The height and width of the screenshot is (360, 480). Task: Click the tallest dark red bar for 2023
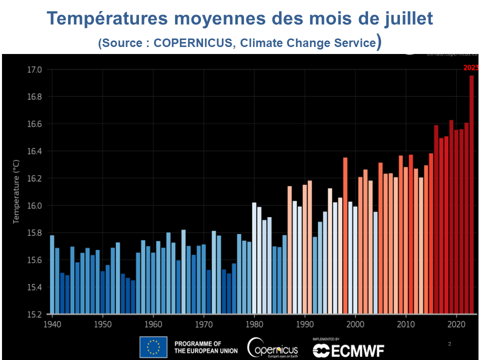471,195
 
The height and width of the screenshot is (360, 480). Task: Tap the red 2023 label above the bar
470,68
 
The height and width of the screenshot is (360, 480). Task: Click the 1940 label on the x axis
52,324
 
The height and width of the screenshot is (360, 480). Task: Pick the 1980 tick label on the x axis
254,324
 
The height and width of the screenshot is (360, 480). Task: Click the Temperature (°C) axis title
16,192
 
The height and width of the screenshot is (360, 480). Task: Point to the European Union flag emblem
153,347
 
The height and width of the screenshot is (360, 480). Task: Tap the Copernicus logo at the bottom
272,347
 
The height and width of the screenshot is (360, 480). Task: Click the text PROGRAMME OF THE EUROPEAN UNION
204,347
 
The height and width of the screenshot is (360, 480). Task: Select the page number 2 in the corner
449,344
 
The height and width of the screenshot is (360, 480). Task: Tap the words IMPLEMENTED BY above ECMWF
326,339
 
